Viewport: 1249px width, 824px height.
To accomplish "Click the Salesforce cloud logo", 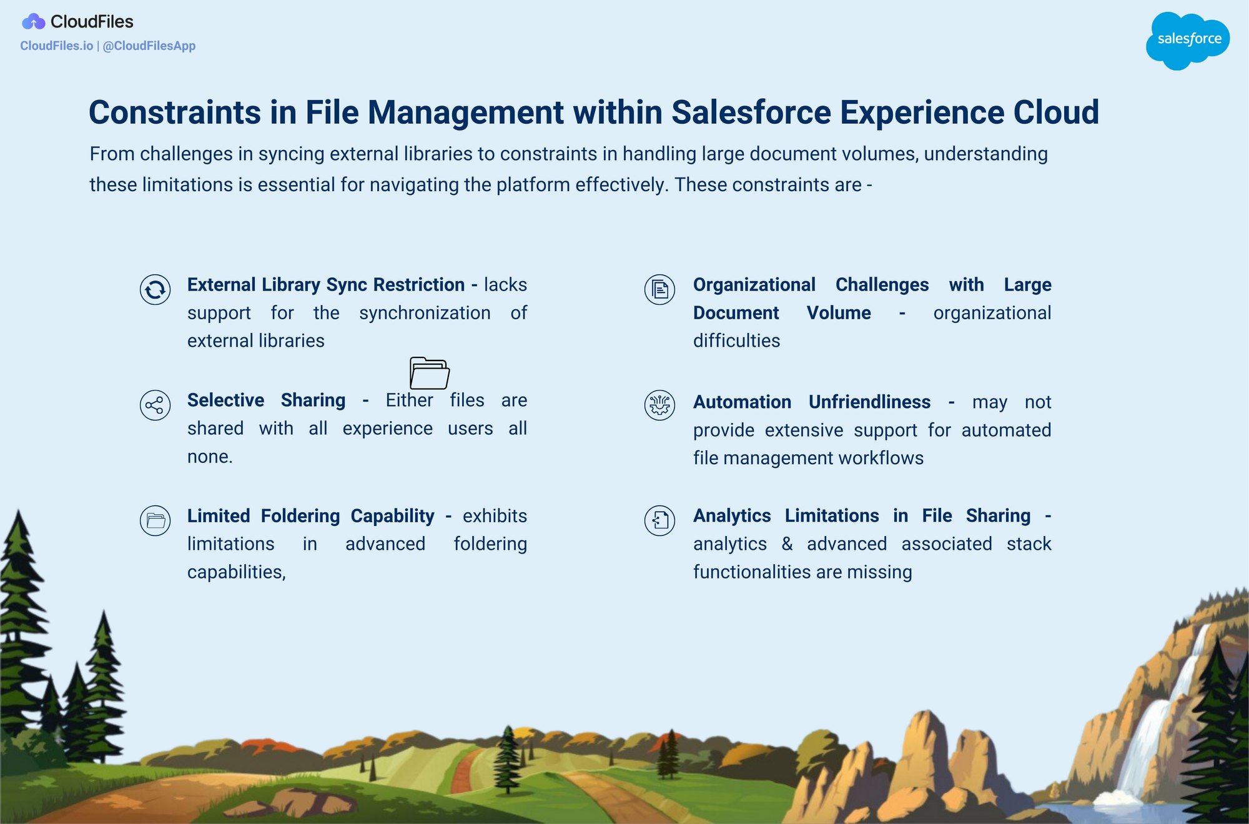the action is tap(1188, 41).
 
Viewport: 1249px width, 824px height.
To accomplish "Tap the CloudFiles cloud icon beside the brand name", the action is tap(34, 22).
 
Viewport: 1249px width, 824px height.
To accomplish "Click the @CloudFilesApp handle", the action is tap(149, 46).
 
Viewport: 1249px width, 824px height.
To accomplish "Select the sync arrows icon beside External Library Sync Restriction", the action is tap(156, 289).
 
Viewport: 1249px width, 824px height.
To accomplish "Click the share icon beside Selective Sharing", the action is tap(156, 405).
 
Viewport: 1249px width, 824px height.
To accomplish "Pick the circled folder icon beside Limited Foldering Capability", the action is tap(156, 520).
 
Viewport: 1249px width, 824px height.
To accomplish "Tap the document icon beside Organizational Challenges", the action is tap(660, 289).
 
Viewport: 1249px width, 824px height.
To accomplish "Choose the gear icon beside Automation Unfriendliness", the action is tap(660, 405).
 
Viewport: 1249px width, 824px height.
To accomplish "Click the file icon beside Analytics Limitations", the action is tap(660, 520).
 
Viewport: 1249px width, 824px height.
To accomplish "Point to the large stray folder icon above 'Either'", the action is tap(430, 373).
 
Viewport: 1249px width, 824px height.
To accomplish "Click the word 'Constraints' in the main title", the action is tap(174, 112).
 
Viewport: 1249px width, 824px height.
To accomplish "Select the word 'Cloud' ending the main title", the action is tap(1056, 112).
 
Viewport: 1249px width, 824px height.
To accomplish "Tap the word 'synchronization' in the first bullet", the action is tap(425, 313).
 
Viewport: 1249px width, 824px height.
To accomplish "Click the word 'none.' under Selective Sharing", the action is tap(210, 457).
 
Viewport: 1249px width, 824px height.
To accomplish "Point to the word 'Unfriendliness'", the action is tap(869, 402).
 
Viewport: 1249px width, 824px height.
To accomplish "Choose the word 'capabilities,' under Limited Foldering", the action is tap(237, 572).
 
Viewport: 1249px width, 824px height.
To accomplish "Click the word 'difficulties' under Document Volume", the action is tap(737, 340).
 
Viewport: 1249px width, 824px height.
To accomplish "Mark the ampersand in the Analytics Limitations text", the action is tap(787, 544).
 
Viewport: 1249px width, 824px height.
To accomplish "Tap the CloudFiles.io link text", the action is tap(57, 46).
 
